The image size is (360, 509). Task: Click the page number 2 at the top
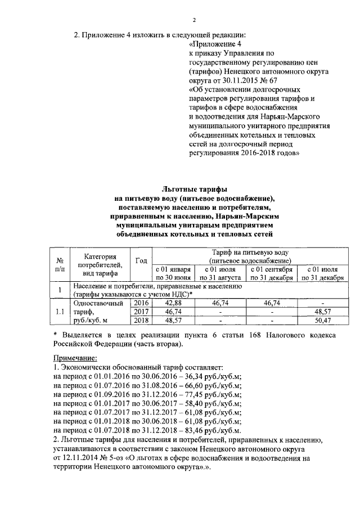[193, 21]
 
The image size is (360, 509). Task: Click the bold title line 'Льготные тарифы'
[194, 191]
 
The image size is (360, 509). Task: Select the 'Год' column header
[142, 261]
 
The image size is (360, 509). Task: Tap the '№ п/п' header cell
[59, 265]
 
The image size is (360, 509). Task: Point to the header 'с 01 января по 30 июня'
[174, 273]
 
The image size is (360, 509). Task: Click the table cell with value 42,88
[174, 303]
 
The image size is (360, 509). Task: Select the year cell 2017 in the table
[141, 312]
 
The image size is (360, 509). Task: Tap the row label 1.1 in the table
[59, 312]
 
